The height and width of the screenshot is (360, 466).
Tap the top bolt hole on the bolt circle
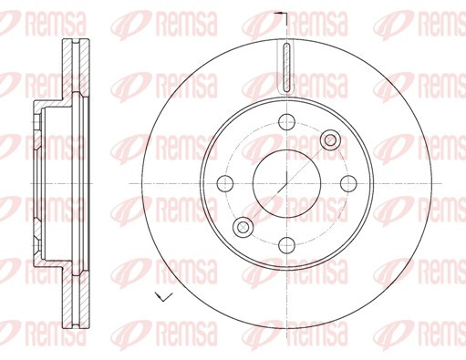286,122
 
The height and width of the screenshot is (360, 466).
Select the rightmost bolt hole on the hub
348,183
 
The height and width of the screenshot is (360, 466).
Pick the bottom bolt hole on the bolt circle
286,245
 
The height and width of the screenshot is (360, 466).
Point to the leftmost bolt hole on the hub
225,183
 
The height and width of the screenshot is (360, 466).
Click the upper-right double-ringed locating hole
330,140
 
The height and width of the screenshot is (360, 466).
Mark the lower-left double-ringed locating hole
243,227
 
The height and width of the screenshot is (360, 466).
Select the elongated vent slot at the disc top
286,67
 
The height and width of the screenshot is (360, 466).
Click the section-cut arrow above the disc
281,14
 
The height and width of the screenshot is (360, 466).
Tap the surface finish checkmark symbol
163,296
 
